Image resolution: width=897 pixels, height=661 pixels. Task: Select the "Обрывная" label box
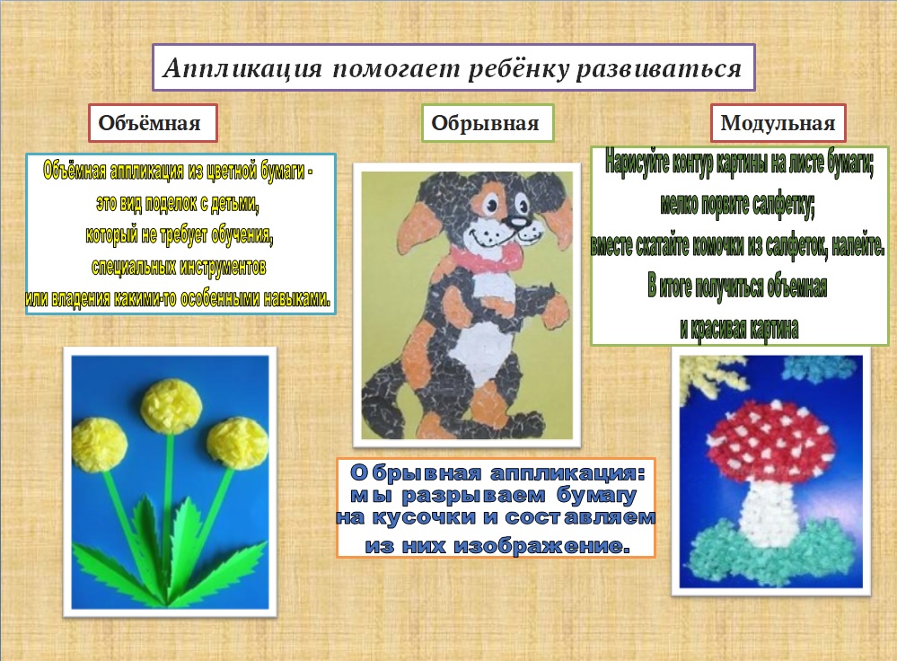pyautogui.click(x=488, y=123)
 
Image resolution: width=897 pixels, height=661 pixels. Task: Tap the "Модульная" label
pyautogui.click(x=778, y=123)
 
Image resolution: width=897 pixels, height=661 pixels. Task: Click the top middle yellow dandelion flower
pyautogui.click(x=172, y=406)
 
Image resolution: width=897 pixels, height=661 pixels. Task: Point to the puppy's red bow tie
pyautogui.click(x=492, y=256)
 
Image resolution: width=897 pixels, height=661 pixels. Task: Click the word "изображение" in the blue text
pyautogui.click(x=541, y=545)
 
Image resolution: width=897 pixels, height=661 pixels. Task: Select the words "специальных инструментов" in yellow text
pyautogui.click(x=179, y=268)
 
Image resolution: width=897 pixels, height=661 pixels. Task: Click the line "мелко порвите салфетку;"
pyautogui.click(x=737, y=204)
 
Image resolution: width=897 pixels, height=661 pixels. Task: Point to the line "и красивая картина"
pyautogui.click(x=739, y=329)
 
